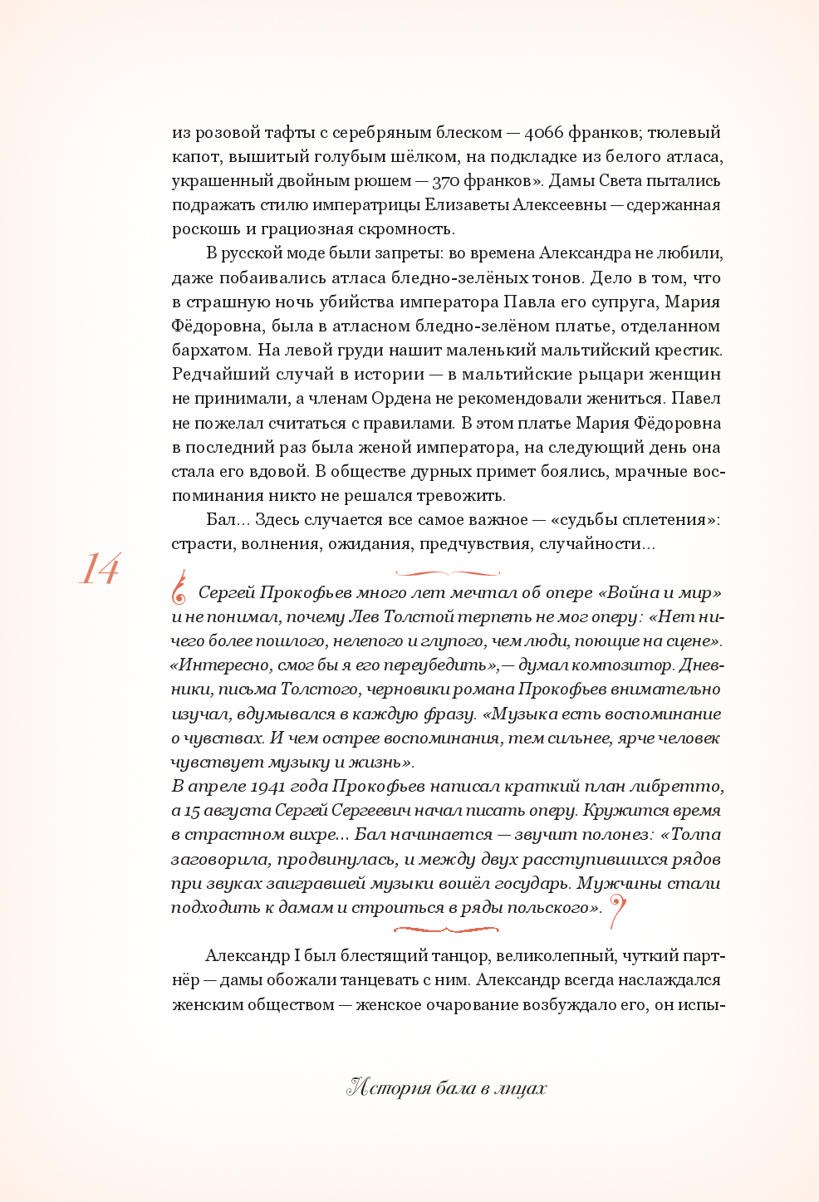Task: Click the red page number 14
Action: (x=100, y=570)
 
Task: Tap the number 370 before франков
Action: (x=453, y=181)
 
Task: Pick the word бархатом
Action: (x=209, y=351)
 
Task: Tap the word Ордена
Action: (x=403, y=399)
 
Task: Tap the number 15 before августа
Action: (x=192, y=811)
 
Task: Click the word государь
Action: (x=529, y=884)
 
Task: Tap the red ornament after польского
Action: (x=617, y=911)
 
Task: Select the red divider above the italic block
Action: (x=447, y=573)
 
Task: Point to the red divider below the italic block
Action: (x=447, y=930)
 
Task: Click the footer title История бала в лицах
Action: (x=447, y=1088)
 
